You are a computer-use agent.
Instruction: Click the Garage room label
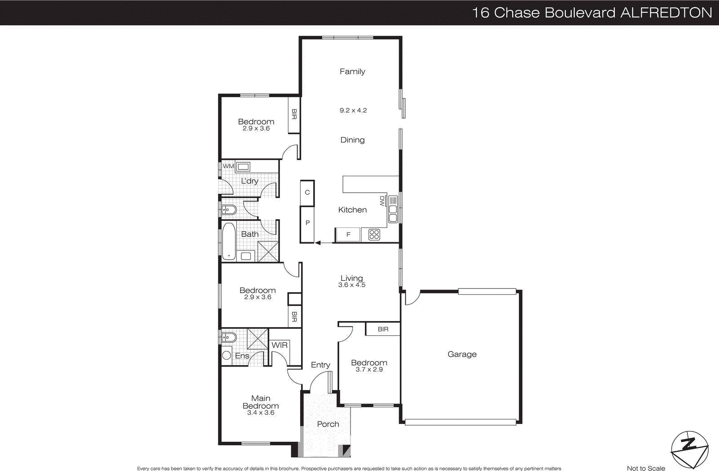(x=462, y=354)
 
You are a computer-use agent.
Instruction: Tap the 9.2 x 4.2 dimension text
(x=353, y=110)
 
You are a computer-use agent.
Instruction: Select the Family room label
(x=352, y=71)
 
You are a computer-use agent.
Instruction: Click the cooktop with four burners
(x=374, y=235)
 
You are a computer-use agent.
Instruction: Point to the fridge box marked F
(x=348, y=235)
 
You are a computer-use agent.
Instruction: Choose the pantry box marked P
(x=307, y=223)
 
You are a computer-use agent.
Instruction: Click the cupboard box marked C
(x=307, y=192)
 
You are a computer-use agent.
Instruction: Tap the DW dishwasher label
(x=382, y=201)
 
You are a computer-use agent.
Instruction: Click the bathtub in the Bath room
(x=229, y=242)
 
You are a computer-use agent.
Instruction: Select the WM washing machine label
(x=228, y=166)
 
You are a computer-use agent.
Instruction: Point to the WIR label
(x=280, y=345)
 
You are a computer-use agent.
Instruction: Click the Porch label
(x=328, y=424)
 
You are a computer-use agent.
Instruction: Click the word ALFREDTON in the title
(x=666, y=13)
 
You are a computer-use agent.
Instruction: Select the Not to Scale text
(x=646, y=468)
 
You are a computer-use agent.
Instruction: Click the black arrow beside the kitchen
(x=318, y=243)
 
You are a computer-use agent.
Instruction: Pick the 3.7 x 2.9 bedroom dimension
(x=369, y=369)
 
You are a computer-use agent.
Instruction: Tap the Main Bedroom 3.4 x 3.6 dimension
(x=261, y=413)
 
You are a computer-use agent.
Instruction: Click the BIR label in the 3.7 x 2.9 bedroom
(x=383, y=329)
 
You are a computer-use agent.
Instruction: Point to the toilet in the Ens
(x=228, y=337)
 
